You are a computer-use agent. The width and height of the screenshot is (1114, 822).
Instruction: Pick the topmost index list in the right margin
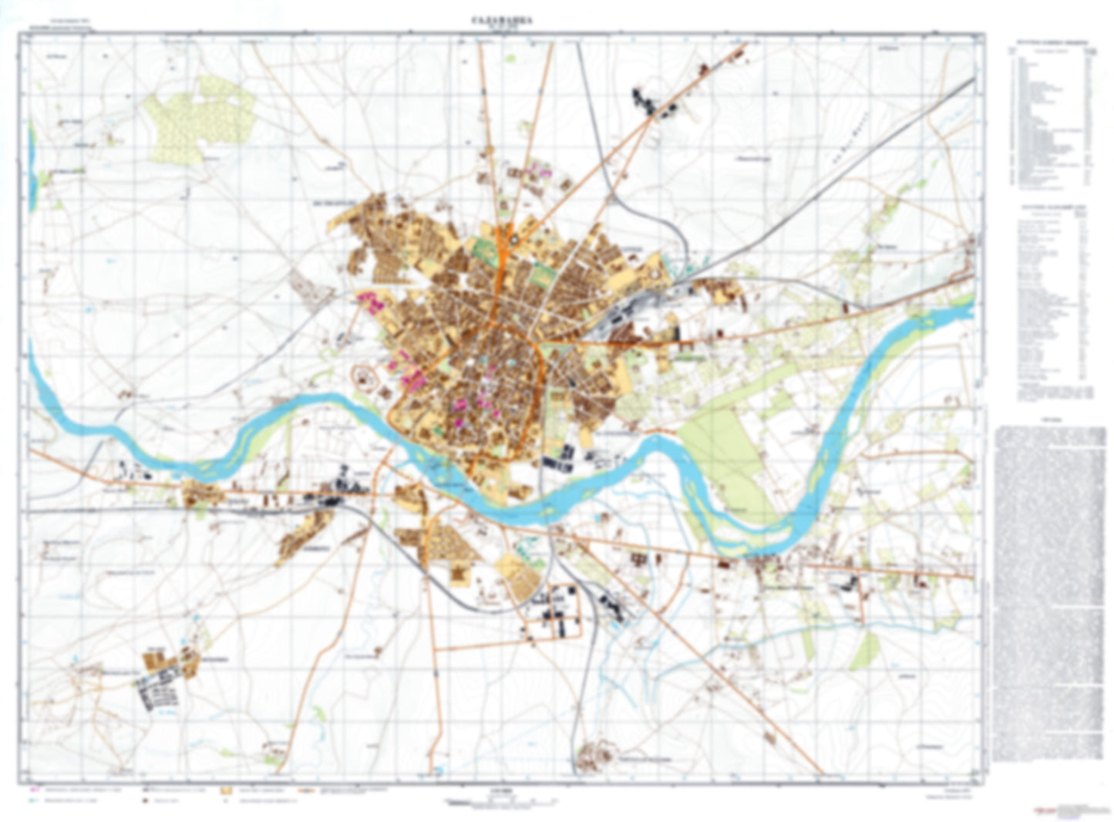click(x=1052, y=116)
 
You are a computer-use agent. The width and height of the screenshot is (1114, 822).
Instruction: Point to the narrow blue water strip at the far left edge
click(x=31, y=147)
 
